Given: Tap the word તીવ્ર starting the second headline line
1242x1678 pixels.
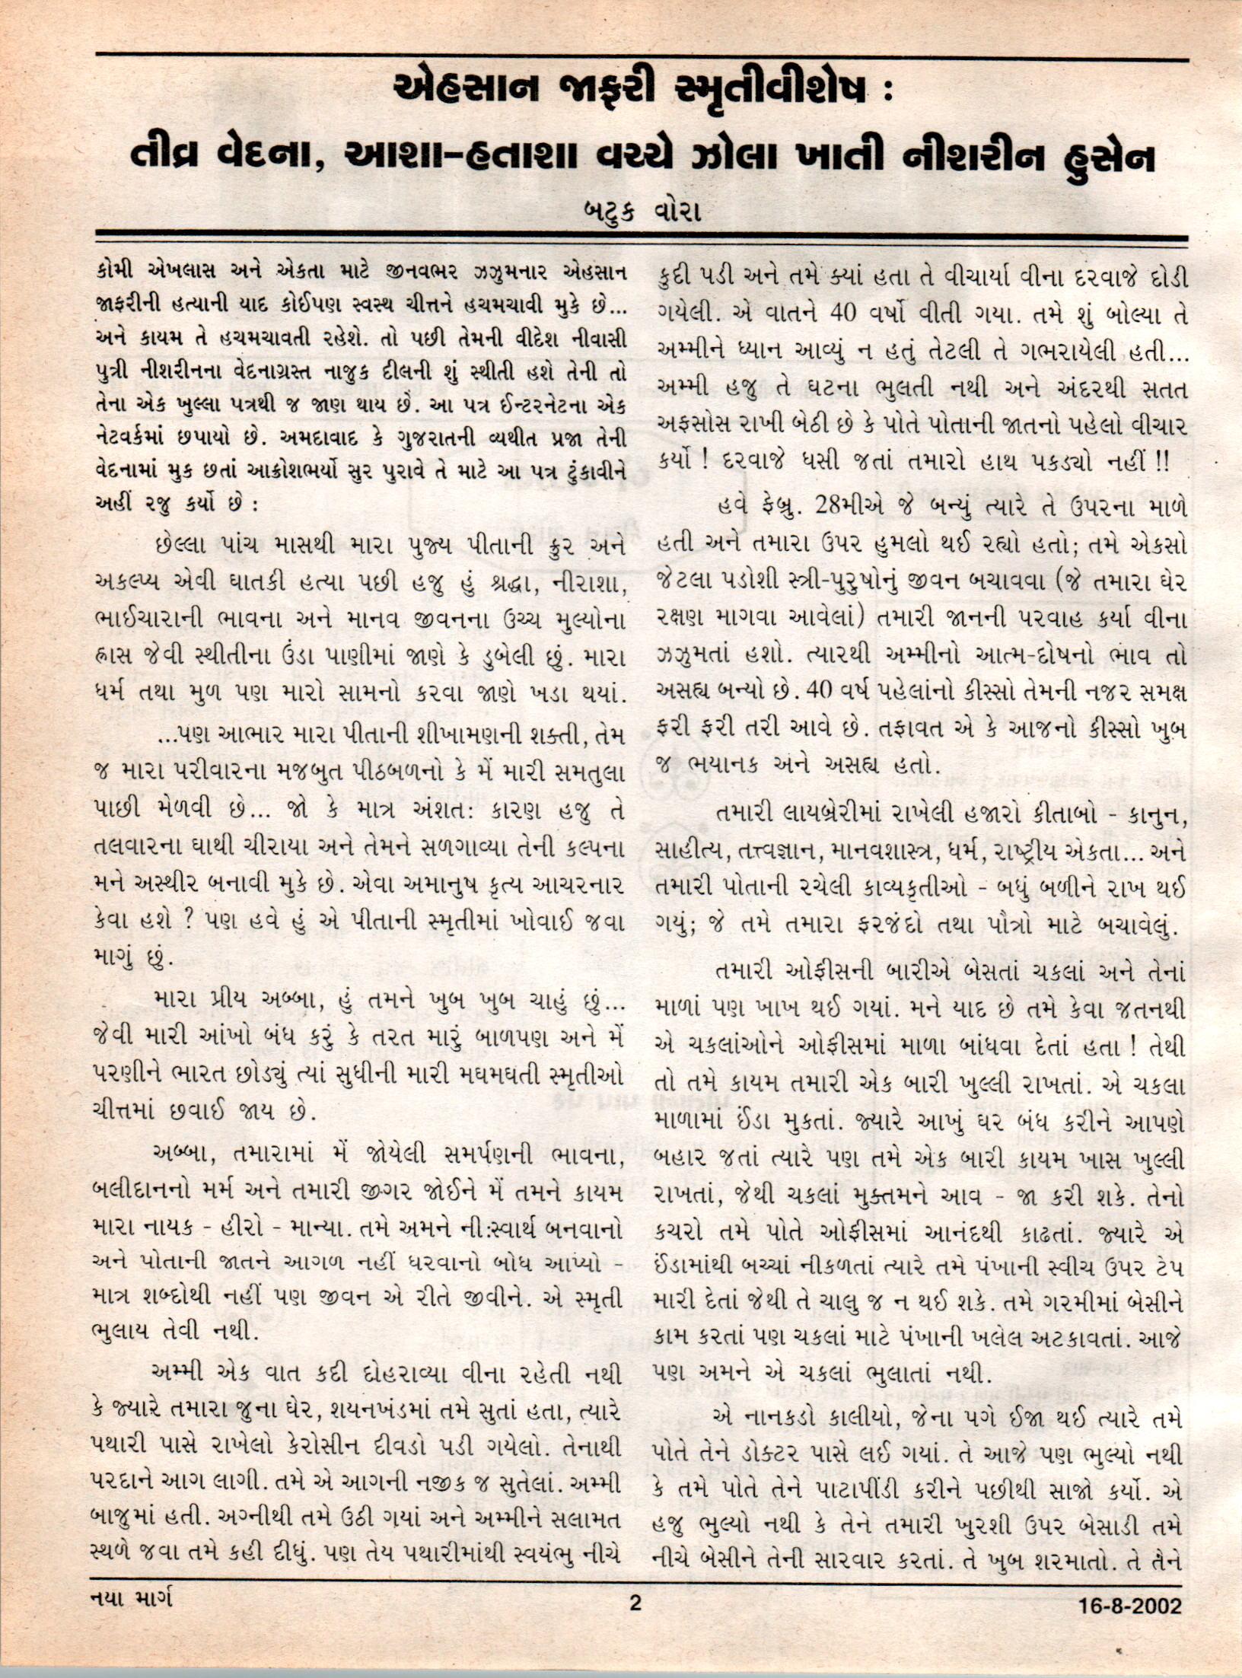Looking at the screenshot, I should (173, 158).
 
